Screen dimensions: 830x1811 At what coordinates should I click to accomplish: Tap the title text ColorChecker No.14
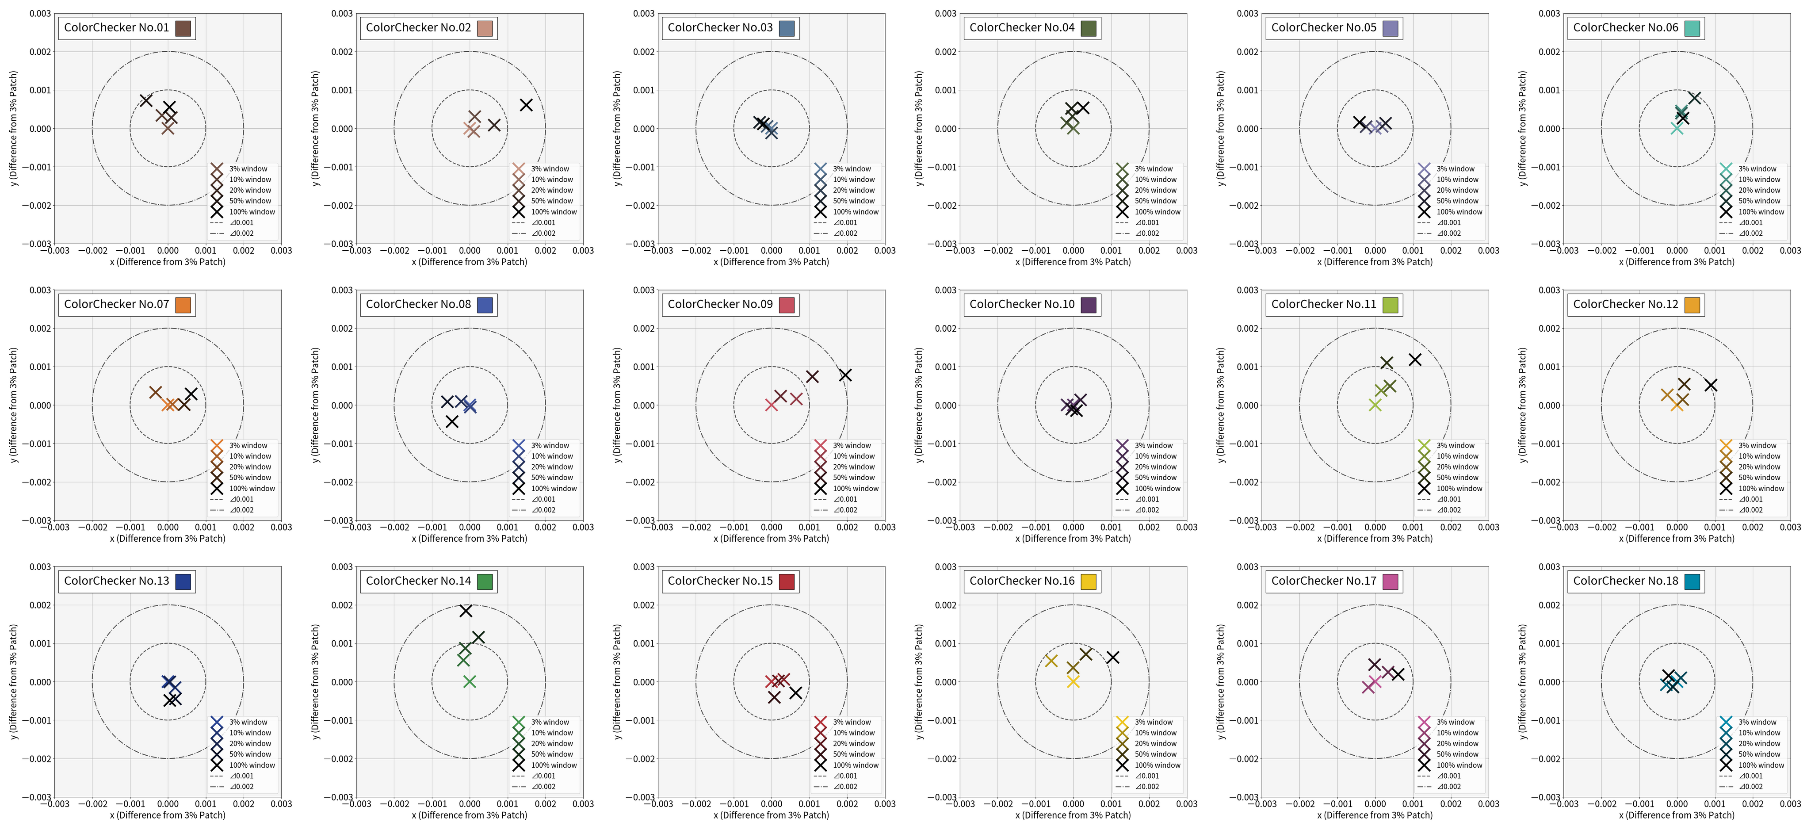tap(417, 581)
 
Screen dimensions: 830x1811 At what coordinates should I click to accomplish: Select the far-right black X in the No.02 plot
tap(526, 105)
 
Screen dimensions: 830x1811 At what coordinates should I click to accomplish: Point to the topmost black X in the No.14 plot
tap(466, 611)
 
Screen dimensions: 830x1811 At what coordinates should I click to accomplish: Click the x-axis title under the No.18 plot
tap(1676, 815)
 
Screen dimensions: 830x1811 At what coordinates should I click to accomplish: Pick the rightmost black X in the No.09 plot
tap(845, 375)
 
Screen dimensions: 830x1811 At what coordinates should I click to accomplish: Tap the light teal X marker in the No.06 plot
tap(1677, 128)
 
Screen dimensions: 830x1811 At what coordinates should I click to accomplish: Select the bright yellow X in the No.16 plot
tap(1073, 681)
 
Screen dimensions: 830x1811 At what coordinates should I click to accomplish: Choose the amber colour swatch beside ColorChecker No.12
tap(1692, 305)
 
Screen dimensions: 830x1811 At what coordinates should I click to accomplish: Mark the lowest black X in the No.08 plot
tap(452, 421)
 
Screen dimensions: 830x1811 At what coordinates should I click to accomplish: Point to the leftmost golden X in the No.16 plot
tap(1051, 661)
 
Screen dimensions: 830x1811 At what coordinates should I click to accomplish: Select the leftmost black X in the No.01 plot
tap(145, 100)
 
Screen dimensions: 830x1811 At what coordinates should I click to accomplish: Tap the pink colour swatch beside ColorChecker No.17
tap(1391, 581)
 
